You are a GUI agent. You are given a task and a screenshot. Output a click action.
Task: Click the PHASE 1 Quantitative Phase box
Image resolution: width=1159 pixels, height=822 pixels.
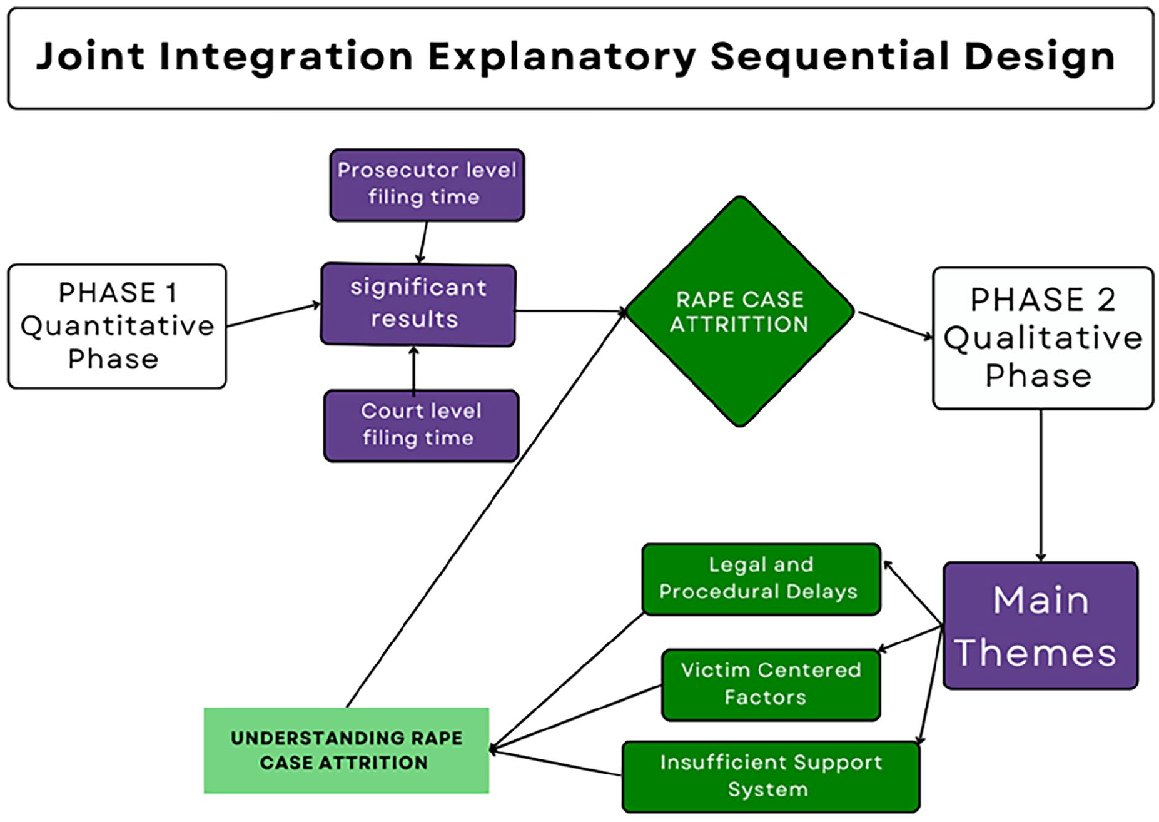coord(117,326)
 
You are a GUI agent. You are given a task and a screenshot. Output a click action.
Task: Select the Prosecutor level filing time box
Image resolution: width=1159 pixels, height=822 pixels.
coord(427,185)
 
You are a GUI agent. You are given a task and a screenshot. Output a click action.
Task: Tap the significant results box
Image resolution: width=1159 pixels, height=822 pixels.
coord(418,304)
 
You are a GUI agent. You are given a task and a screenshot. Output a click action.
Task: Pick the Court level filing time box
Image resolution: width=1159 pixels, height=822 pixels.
coord(421,425)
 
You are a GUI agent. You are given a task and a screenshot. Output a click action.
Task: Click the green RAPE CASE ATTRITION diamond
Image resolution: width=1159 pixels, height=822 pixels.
coord(740,311)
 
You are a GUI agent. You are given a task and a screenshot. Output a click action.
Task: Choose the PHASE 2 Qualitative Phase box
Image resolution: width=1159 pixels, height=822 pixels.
coord(1043,338)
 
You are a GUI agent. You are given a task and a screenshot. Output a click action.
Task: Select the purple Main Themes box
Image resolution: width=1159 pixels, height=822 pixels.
coord(1040,626)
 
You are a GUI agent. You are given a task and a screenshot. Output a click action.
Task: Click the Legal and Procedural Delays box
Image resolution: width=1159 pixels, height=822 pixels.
coord(761,579)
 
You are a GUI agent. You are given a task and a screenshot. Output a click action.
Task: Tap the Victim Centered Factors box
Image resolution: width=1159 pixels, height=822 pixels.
coord(771,684)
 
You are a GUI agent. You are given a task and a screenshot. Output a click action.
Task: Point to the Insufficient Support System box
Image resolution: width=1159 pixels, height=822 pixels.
coord(771,776)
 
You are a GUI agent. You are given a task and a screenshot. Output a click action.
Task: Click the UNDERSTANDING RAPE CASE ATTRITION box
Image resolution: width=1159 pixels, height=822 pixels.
coord(347,750)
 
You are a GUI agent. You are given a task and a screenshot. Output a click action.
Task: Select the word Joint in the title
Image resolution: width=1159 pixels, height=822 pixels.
coord(91,57)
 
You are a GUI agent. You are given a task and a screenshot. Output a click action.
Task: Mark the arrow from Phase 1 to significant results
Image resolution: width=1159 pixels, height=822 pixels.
coord(273,315)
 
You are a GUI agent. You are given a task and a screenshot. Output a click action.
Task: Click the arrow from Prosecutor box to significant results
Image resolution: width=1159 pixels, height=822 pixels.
coord(423,242)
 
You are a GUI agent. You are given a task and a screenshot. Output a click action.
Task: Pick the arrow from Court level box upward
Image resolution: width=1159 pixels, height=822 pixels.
coord(413,370)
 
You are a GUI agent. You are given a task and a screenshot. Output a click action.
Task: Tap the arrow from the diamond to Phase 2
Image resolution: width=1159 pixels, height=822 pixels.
coord(895,325)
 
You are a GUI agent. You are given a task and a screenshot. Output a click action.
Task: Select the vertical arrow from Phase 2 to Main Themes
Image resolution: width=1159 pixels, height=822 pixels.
coord(1041,485)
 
